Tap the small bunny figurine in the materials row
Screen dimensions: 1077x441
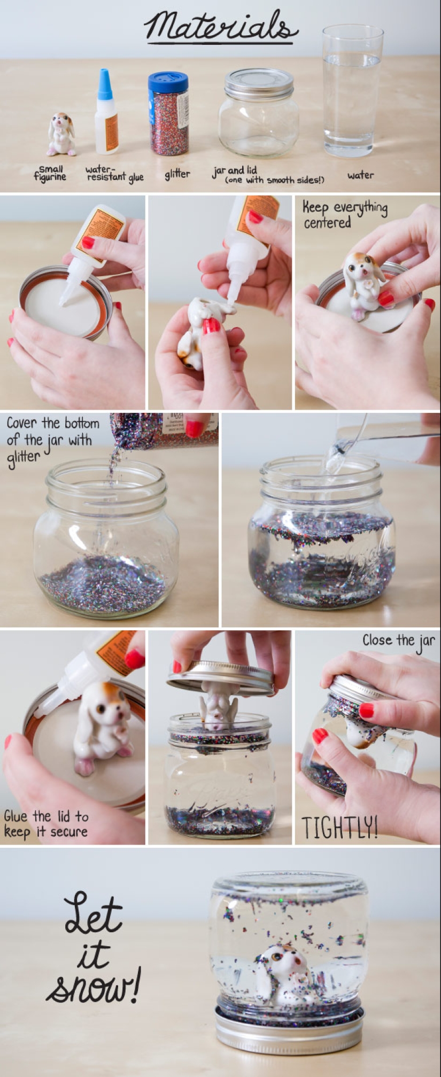click(60, 134)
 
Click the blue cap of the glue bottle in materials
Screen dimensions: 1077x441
click(105, 84)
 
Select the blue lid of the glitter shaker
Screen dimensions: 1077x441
click(168, 82)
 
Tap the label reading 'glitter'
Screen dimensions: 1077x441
click(177, 174)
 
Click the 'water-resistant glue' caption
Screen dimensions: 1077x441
click(114, 174)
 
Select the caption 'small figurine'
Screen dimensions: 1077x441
click(50, 173)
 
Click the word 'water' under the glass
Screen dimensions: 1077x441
click(360, 175)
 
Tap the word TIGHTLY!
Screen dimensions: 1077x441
click(339, 828)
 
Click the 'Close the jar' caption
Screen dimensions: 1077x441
click(398, 641)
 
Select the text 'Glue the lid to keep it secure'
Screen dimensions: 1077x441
click(46, 824)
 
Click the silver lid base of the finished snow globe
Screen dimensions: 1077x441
click(289, 1030)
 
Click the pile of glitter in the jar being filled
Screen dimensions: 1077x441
click(104, 585)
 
